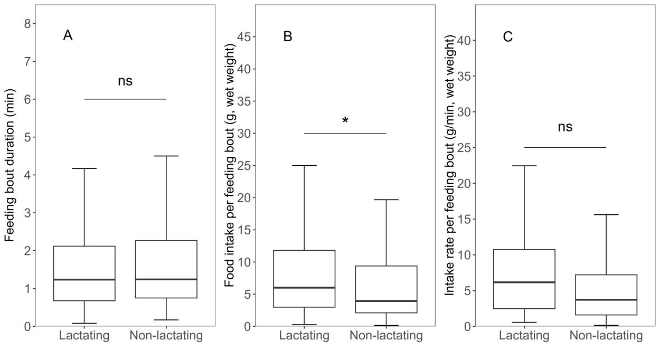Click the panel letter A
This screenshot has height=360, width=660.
click(x=68, y=36)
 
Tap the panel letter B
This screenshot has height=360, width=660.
click(x=288, y=36)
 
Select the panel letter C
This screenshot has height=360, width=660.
click(x=507, y=37)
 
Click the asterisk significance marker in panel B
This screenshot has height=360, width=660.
click(x=345, y=120)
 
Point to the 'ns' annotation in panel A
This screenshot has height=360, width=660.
click(x=125, y=81)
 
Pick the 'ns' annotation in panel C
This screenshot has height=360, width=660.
click(x=565, y=127)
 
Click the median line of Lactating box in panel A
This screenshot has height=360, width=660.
click(x=84, y=279)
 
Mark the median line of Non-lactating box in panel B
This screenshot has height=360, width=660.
click(x=386, y=301)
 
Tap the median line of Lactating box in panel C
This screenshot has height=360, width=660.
click(x=524, y=282)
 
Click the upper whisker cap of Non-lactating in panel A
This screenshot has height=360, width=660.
click(x=166, y=156)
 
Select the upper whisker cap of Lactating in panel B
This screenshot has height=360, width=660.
click(x=304, y=166)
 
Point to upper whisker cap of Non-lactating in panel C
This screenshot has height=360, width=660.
click(x=606, y=214)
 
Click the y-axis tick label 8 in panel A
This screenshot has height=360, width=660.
click(x=27, y=24)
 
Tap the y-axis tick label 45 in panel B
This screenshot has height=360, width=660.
click(x=243, y=37)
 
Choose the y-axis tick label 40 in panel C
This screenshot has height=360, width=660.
click(x=464, y=40)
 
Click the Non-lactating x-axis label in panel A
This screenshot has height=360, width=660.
click(x=166, y=336)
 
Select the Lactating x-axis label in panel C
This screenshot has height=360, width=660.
click(x=524, y=336)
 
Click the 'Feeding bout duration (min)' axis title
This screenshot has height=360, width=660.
click(x=10, y=165)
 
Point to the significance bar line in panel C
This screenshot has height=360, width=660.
click(x=565, y=147)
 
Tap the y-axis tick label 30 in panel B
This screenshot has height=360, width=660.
click(x=243, y=134)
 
